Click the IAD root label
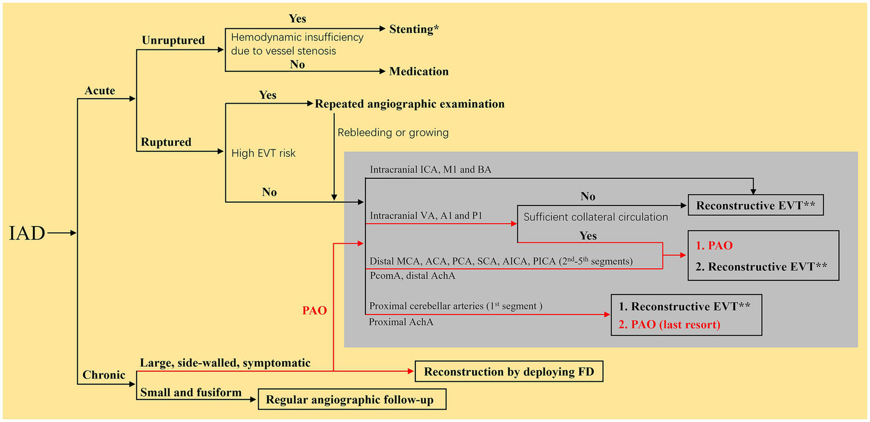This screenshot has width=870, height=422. pyautogui.click(x=27, y=233)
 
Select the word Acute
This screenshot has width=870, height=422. pyautogui.click(x=100, y=91)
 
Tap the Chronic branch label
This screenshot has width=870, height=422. pyautogui.click(x=104, y=375)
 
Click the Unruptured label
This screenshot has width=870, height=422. pyautogui.click(x=173, y=41)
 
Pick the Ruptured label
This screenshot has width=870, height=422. pyautogui.click(x=166, y=142)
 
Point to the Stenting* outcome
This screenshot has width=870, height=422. pyautogui.click(x=414, y=29)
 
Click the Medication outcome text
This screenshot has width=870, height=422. pyautogui.click(x=419, y=71)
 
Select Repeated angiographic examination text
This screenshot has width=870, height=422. pyautogui.click(x=409, y=104)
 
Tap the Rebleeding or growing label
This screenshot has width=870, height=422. pyautogui.click(x=393, y=133)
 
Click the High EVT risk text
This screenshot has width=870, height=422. pyautogui.click(x=264, y=153)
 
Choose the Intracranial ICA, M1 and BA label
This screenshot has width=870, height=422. pyautogui.click(x=430, y=169)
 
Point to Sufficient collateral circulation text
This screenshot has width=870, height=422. pyautogui.click(x=595, y=217)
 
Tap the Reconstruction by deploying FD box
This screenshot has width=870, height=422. pyautogui.click(x=508, y=372)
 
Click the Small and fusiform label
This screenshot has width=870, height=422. pyautogui.click(x=191, y=392)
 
